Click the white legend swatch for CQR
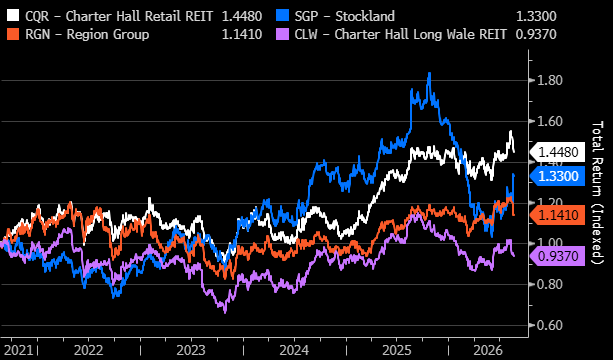13,16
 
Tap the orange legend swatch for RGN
13,34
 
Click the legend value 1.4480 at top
242,16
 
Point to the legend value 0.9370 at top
536,35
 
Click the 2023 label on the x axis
191,349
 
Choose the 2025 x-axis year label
397,349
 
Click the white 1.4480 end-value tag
557,152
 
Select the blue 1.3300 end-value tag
557,176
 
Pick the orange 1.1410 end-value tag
557,215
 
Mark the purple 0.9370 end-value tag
557,256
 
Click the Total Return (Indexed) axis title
598,192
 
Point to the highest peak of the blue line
430,73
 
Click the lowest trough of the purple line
225,313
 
